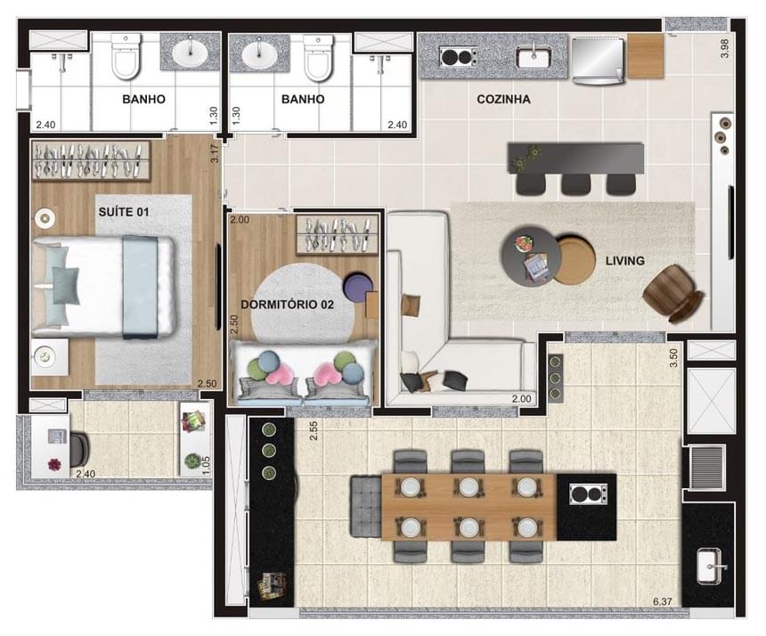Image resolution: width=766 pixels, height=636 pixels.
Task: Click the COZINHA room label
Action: click(503, 100)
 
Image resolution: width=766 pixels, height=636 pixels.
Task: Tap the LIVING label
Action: click(625, 260)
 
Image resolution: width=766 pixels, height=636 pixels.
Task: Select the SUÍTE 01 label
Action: click(123, 212)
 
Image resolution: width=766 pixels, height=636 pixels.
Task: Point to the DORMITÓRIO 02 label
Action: click(287, 304)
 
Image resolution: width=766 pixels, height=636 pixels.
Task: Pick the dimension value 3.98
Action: click(724, 49)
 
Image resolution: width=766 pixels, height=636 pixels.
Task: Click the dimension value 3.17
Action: click(214, 153)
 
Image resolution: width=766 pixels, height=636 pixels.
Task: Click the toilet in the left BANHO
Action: click(125, 60)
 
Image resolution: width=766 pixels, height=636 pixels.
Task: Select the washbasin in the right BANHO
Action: click(259, 53)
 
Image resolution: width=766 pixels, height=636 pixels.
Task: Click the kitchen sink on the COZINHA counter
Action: click(534, 57)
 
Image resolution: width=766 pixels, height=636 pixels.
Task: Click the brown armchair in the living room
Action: click(672, 291)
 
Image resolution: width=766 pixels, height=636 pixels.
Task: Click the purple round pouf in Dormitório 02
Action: click(359, 288)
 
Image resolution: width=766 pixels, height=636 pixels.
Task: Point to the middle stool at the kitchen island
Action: click(575, 183)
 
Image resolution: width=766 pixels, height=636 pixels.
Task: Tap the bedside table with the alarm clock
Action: click(45, 356)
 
